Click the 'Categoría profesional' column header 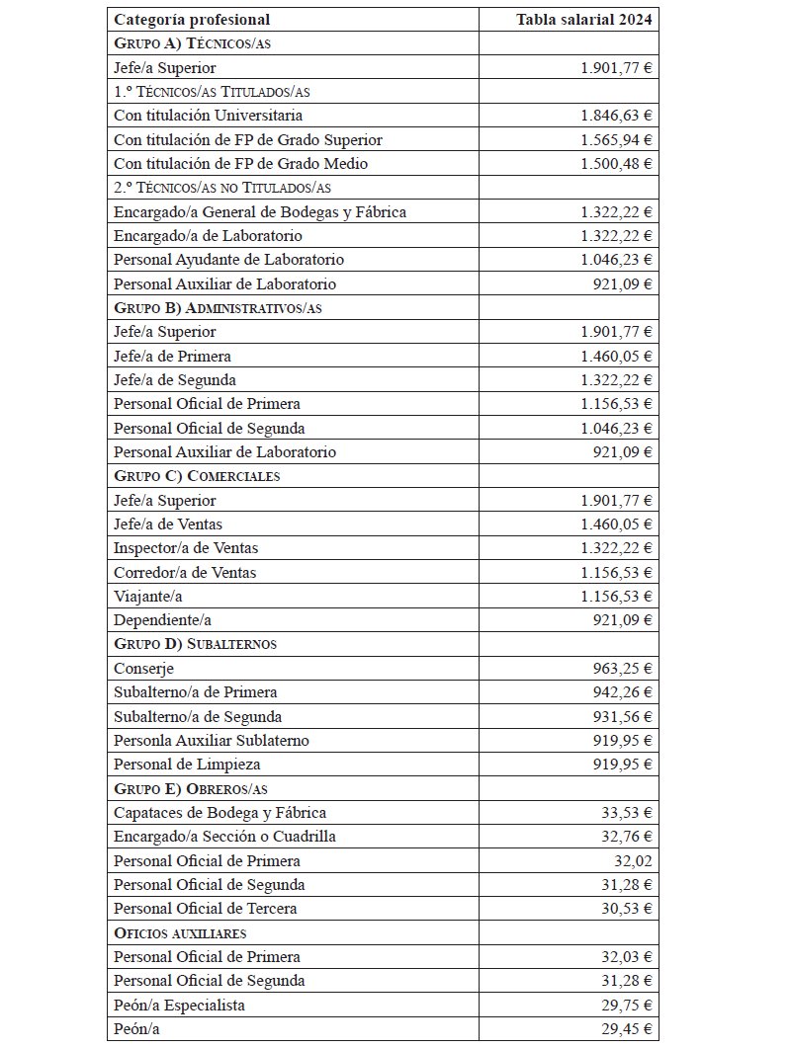pyautogui.click(x=192, y=20)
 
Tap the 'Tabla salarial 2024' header pyautogui.click(x=583, y=20)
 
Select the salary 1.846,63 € pyautogui.click(x=616, y=116)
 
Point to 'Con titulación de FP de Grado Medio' pyautogui.click(x=241, y=164)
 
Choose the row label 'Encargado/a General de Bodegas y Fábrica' pyautogui.click(x=260, y=211)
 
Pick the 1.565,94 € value pyautogui.click(x=616, y=139)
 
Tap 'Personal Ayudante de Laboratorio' pyautogui.click(x=229, y=260)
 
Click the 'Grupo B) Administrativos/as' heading pyautogui.click(x=219, y=308)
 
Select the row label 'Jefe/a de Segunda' pyautogui.click(x=175, y=380)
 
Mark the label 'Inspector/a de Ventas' pyautogui.click(x=186, y=548)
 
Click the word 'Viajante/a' pyautogui.click(x=148, y=597)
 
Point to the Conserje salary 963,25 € pyautogui.click(x=623, y=669)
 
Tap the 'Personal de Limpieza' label pyautogui.click(x=187, y=765)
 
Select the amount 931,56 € pyautogui.click(x=623, y=717)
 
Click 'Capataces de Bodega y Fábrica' pyautogui.click(x=220, y=813)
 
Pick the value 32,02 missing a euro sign pyautogui.click(x=633, y=861)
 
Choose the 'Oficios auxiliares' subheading pyautogui.click(x=180, y=933)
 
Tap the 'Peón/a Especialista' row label pyautogui.click(x=180, y=1006)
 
